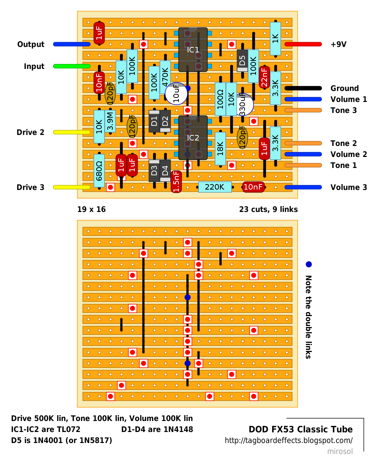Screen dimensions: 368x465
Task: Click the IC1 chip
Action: (193, 50)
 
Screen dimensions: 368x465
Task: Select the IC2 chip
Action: (193, 138)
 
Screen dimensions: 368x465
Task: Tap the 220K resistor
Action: (215, 187)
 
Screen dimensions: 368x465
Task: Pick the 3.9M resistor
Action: (110, 121)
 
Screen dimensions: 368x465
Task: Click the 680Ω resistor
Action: (99, 171)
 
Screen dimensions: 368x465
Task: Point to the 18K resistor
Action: (220, 149)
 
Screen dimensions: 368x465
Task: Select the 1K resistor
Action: (275, 39)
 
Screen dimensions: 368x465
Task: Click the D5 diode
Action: (242, 61)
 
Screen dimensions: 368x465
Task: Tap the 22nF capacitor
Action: (264, 77)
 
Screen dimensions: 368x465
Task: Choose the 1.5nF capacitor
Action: (176, 182)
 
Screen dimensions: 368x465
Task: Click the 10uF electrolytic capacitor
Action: (176, 94)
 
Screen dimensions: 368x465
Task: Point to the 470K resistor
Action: (165, 77)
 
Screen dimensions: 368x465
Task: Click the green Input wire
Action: (72, 66)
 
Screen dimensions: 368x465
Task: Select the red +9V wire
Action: (303, 44)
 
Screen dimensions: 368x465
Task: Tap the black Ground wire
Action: (303, 88)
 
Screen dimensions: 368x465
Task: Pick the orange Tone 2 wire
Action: (303, 143)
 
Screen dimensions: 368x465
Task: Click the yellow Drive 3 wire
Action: (72, 187)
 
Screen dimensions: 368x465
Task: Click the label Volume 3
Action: (349, 187)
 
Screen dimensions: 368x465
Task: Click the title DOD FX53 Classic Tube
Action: (300, 429)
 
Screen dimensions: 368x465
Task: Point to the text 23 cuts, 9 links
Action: (268, 209)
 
